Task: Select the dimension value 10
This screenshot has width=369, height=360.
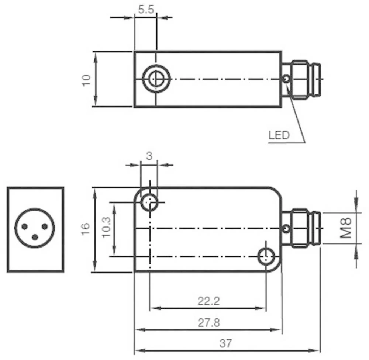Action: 86,80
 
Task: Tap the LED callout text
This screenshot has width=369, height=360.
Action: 279,135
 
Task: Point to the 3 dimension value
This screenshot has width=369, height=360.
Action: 149,156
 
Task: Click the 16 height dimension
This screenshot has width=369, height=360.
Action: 85,229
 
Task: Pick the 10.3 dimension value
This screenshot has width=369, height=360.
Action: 107,229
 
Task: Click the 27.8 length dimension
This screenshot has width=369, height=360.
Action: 208,323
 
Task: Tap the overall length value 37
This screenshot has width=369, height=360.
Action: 225,344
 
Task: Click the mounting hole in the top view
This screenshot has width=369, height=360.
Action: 156,79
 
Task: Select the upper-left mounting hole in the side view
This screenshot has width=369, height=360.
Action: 150,202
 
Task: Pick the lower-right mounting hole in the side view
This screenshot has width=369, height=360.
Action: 266,256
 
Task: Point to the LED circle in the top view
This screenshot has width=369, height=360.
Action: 285,79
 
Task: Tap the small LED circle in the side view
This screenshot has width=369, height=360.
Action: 286,229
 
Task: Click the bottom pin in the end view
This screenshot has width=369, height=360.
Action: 35,237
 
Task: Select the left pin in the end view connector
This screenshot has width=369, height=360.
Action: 24,226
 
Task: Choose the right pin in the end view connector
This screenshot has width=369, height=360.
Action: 45,226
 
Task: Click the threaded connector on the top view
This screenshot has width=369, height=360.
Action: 302,79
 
